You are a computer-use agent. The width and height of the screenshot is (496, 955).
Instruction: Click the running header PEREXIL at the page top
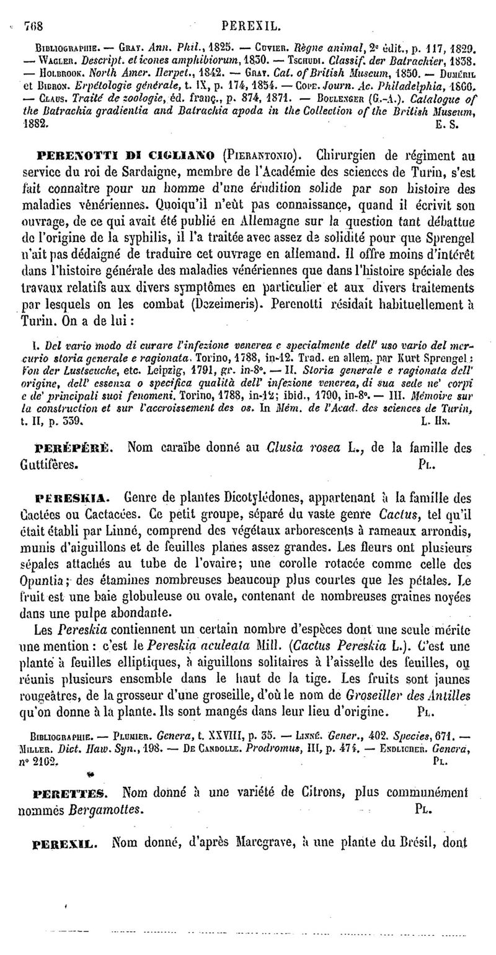pos(251,27)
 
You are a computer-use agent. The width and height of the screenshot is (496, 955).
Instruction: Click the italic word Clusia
pos(286,447)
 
